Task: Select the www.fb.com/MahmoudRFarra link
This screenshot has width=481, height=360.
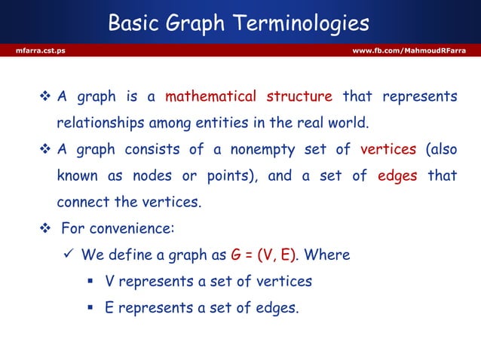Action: coord(409,50)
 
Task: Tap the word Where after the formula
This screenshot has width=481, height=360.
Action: coord(326,255)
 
